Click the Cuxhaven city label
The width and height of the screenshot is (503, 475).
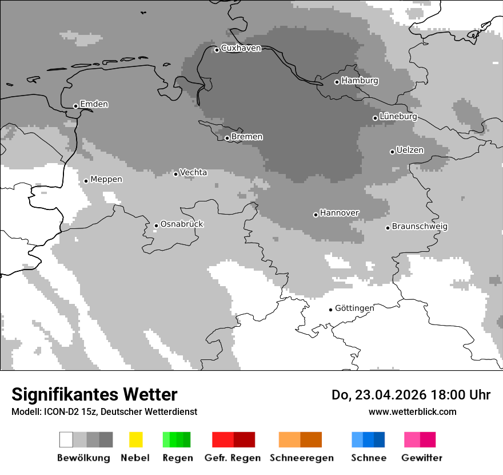241,49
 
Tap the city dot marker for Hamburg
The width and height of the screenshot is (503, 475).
337,82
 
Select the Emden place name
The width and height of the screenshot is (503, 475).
94,104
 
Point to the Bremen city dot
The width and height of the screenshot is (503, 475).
227,138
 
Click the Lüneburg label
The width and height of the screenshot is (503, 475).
398,117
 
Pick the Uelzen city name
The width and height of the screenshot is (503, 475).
410,151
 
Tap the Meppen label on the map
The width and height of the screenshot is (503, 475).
106,180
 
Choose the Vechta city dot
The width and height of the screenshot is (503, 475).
175,174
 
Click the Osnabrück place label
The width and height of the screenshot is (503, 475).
182,224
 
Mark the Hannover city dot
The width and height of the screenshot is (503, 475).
316,215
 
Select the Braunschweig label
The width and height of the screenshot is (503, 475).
420,227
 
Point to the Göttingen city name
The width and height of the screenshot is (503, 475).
354,308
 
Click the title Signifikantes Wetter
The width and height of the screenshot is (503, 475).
94,394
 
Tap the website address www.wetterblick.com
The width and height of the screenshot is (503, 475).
412,411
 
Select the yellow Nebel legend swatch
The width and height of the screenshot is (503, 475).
135,440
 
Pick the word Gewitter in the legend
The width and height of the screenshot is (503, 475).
422,458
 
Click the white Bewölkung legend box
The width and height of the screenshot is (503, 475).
66,440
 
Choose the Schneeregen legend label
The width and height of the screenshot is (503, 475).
302,458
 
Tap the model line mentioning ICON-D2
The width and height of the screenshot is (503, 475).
104,411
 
